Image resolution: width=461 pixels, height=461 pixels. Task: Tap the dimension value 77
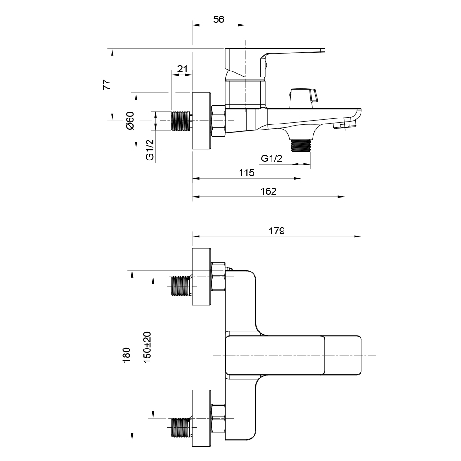tap(106, 84)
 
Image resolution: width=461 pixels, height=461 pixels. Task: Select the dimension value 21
tap(183, 69)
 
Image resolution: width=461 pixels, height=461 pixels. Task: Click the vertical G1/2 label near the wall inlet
tap(149, 149)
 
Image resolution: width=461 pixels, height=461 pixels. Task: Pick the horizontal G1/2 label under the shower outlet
tap(272, 159)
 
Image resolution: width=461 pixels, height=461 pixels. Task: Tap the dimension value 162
tap(268, 191)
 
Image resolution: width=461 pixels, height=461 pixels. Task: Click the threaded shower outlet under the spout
tap(302, 145)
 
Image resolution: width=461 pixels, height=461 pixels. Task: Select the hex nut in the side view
tap(218, 121)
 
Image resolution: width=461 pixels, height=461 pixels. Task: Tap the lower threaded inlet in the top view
tap(181, 427)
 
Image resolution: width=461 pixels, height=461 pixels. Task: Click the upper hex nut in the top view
tap(218, 277)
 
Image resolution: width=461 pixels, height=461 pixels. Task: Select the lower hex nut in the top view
tap(218, 418)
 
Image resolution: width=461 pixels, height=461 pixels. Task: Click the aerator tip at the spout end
tap(343, 125)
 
